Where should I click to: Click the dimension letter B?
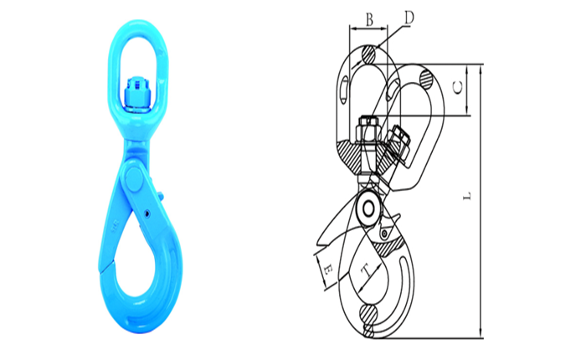pos(369,19)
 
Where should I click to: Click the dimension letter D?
pos(409,18)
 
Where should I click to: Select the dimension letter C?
pos(458,87)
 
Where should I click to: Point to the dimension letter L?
pos(467,196)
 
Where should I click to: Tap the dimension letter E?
pos(328,269)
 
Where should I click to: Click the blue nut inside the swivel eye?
pos(136,95)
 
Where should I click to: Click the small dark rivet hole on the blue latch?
pos(147,213)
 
